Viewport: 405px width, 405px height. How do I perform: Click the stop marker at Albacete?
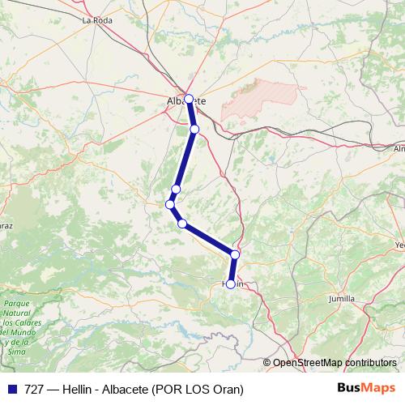189,99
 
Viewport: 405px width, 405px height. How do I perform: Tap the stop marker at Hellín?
231,284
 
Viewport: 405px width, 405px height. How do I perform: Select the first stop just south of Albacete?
194,129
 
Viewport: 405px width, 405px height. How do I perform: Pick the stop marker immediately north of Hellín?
235,254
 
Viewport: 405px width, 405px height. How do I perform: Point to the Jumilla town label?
341,299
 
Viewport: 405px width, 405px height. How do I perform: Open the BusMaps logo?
367,389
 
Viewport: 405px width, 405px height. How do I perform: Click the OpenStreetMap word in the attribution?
309,362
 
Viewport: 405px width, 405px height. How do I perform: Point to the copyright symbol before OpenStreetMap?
267,362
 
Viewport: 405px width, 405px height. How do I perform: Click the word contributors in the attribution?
371,362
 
